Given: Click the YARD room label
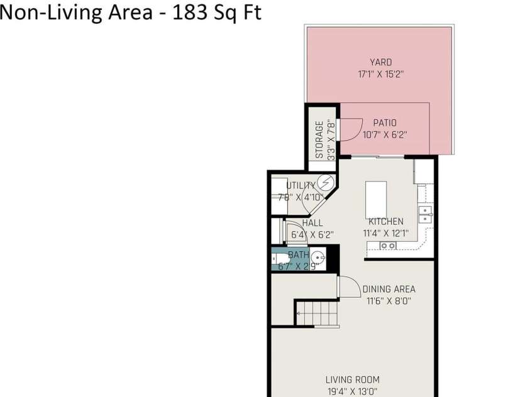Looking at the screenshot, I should [x=380, y=62].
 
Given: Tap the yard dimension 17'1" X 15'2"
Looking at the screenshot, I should [x=380, y=73].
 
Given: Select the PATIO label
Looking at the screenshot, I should [x=385, y=123].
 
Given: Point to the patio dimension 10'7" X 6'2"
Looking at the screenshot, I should [x=385, y=134].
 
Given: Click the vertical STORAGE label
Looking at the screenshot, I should [x=319, y=139].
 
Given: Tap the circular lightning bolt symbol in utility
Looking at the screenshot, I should [x=325, y=183].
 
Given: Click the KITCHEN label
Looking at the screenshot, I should [x=385, y=222].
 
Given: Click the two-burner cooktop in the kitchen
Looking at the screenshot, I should [x=388, y=246].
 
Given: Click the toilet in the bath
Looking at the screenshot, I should [x=279, y=258].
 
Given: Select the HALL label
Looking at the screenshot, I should [x=312, y=223].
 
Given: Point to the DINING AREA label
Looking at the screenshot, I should [x=389, y=290].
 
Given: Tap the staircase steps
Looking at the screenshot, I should [x=317, y=313].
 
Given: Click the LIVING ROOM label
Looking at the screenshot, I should [x=352, y=379].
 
